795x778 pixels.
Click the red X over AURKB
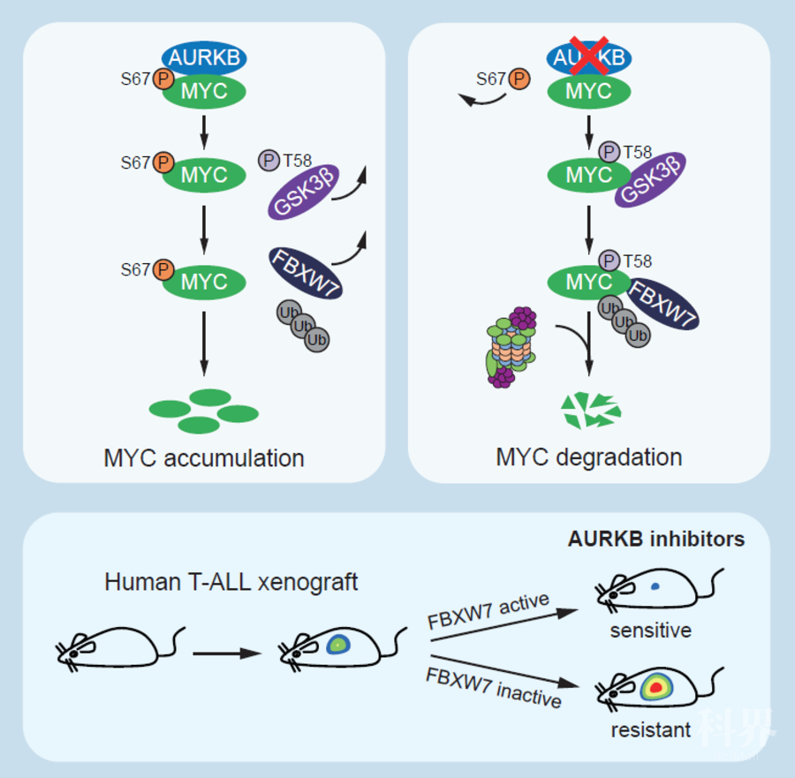(x=588, y=54)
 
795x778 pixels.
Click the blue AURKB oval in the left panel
(x=204, y=58)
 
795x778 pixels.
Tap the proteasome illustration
(x=511, y=346)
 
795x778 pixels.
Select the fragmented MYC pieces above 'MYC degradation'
(x=591, y=410)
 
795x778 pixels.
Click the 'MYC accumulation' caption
(x=204, y=458)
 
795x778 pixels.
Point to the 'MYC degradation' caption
(x=589, y=457)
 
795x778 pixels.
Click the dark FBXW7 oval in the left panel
(x=306, y=273)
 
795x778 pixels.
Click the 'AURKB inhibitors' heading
(x=655, y=539)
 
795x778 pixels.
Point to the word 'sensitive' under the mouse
(x=650, y=631)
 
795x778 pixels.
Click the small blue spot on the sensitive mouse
(x=655, y=585)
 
